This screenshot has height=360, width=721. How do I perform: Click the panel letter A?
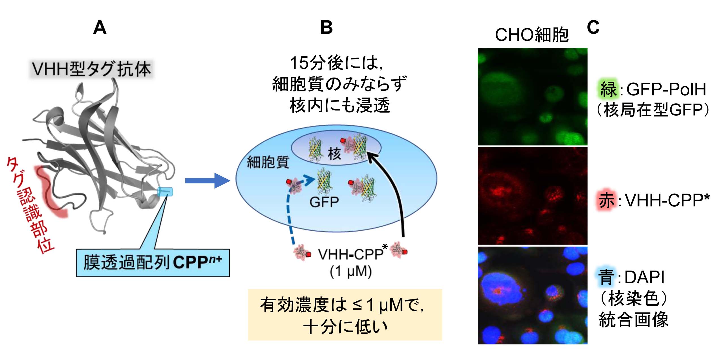click(100, 28)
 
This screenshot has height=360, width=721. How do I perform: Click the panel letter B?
click(326, 28)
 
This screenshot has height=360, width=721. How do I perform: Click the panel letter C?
click(593, 27)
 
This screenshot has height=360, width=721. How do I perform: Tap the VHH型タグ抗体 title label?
click(91, 69)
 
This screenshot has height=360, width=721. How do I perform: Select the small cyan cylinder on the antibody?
click(165, 192)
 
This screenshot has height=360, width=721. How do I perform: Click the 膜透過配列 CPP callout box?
click(153, 263)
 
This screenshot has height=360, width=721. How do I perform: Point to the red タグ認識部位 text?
click(30, 204)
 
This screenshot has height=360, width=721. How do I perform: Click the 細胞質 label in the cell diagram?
click(268, 162)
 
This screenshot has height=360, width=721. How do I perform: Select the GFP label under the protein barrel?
click(324, 202)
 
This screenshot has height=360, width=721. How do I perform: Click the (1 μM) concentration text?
click(351, 271)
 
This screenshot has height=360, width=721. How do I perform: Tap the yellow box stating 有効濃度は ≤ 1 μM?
click(345, 314)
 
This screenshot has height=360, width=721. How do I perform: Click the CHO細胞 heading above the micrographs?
click(532, 35)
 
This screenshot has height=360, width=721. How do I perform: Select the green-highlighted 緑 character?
click(608, 89)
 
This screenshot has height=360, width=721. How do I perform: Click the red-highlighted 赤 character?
click(606, 200)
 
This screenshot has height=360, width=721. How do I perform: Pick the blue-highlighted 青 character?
click(606, 277)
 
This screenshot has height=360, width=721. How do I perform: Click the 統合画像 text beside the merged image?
click(634, 320)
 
